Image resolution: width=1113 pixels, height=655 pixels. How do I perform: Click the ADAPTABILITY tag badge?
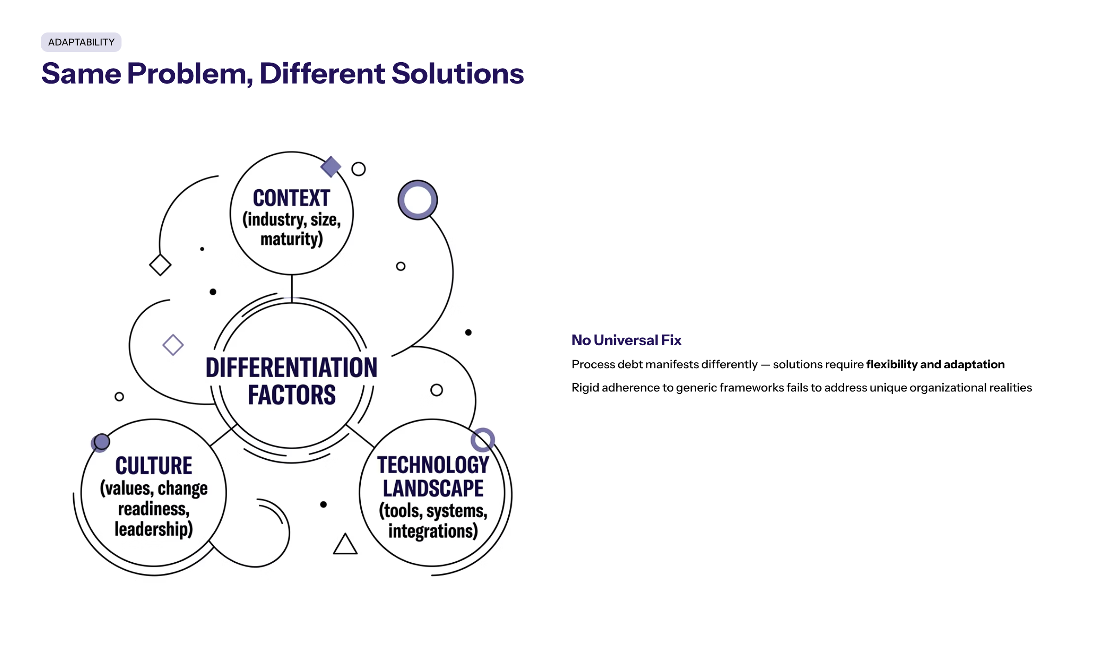pos(81,42)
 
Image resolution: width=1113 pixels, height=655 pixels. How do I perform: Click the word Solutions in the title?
pos(458,73)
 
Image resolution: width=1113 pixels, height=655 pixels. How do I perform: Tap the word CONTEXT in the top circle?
pos(291,198)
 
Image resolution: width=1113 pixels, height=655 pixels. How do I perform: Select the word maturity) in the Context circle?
pos(291,239)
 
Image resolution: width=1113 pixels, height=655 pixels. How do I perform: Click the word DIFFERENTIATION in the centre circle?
pos(291,367)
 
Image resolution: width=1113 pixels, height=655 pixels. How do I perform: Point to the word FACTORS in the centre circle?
pos(292,395)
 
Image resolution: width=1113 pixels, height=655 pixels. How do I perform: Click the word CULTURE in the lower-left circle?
pos(154,466)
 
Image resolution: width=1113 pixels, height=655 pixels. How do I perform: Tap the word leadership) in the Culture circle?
pos(154,529)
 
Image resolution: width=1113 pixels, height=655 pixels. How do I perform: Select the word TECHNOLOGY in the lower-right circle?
pos(433,465)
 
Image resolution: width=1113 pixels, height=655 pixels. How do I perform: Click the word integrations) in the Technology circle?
pos(433,531)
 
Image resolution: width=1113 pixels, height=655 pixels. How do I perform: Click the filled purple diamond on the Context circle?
pos(331,167)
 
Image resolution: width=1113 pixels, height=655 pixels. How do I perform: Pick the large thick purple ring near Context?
pos(417,200)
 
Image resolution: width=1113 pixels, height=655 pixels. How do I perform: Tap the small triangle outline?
pos(345,544)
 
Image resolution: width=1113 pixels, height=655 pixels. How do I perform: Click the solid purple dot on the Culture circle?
pos(101,442)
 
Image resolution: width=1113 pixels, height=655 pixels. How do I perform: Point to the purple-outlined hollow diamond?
pos(173,345)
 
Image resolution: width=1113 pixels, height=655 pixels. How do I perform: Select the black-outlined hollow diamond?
pos(160,265)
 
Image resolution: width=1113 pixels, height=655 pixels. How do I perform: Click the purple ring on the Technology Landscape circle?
pos(483,440)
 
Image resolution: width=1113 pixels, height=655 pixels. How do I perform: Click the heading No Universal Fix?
pos(627,340)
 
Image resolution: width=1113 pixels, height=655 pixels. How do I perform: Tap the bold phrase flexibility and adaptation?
pos(935,365)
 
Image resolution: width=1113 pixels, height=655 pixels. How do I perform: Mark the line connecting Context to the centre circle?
pos(292,289)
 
